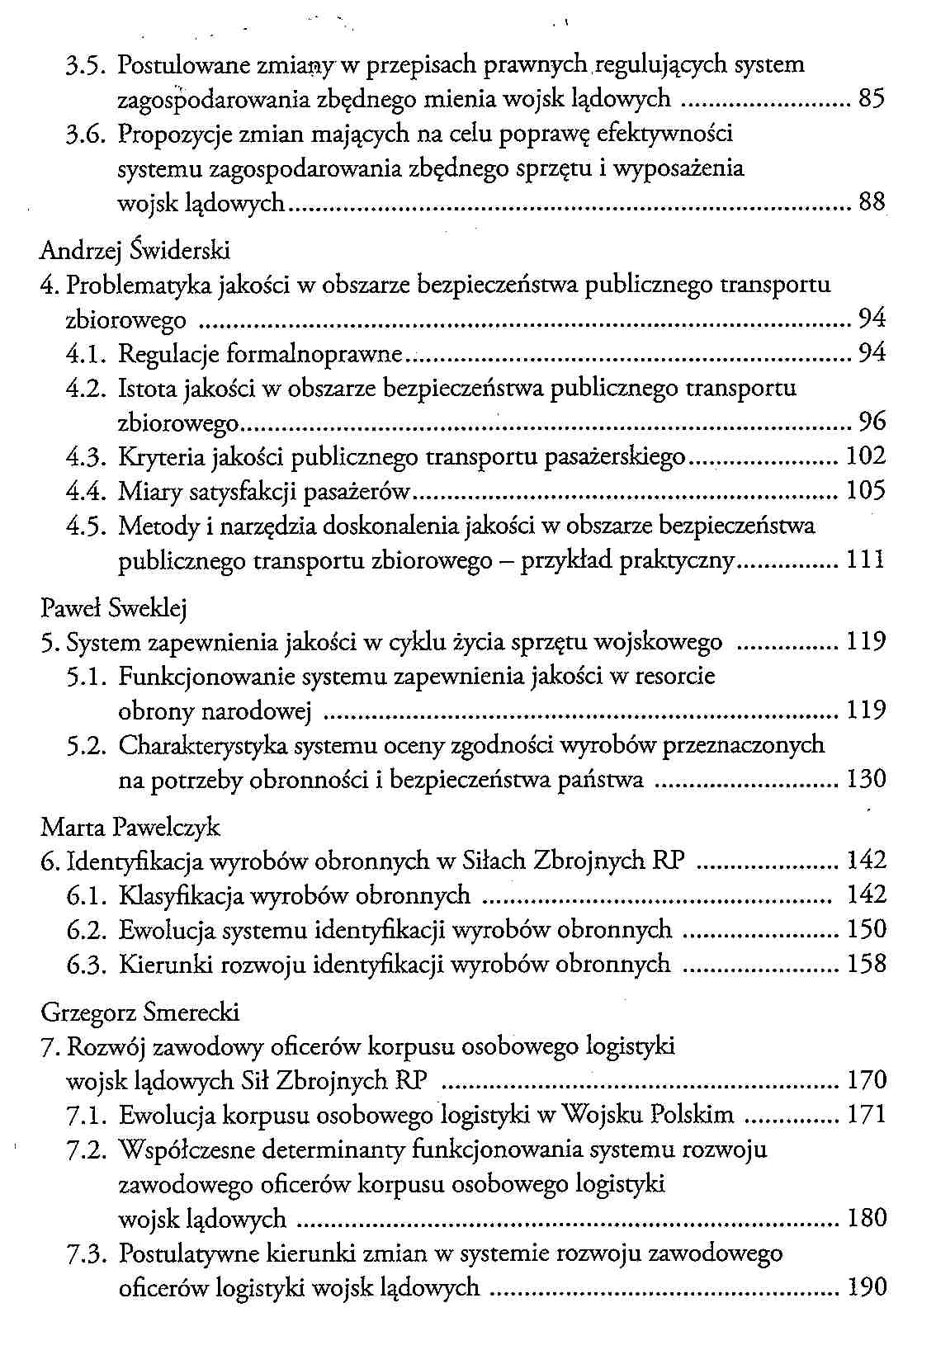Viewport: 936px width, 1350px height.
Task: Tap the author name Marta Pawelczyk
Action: point(130,826)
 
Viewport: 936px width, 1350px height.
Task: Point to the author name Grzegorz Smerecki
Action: point(139,1011)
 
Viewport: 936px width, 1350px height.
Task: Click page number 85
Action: point(872,99)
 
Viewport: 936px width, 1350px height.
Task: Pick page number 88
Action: point(872,201)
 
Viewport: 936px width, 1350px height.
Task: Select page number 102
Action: point(867,456)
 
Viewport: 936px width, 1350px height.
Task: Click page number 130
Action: point(867,779)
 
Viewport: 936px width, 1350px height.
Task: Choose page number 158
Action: point(867,964)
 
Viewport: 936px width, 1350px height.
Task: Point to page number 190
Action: point(867,1286)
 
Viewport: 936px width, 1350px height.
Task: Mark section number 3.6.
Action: point(87,134)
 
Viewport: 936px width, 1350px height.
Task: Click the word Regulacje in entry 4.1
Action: point(169,354)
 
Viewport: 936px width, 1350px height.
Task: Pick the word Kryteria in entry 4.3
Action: point(162,457)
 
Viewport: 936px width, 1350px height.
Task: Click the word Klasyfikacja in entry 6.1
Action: point(179,895)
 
